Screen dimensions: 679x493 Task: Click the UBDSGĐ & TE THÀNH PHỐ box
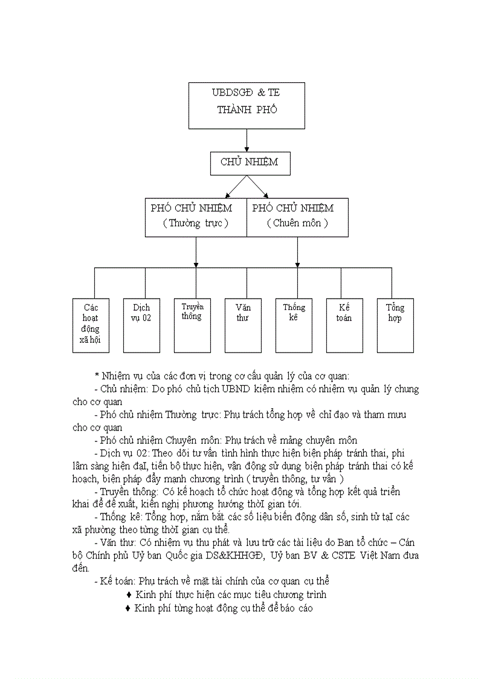[246, 105]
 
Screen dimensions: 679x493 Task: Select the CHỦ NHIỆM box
[246, 163]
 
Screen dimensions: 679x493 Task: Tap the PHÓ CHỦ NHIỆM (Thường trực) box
[196, 216]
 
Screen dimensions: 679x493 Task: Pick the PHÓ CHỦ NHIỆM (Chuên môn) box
[298, 216]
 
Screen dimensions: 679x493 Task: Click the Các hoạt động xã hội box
[91, 325]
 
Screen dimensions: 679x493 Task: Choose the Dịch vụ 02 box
[141, 325]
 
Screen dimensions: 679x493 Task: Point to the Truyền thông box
[192, 325]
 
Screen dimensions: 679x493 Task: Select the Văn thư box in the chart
[243, 325]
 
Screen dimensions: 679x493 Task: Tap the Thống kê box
[294, 325]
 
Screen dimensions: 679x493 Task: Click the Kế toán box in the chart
[344, 325]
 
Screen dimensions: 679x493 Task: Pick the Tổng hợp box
[395, 325]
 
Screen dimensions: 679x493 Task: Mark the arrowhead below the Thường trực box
[196, 265]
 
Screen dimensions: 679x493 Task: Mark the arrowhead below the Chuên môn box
[297, 265]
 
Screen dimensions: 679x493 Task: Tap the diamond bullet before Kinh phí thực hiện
[129, 595]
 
